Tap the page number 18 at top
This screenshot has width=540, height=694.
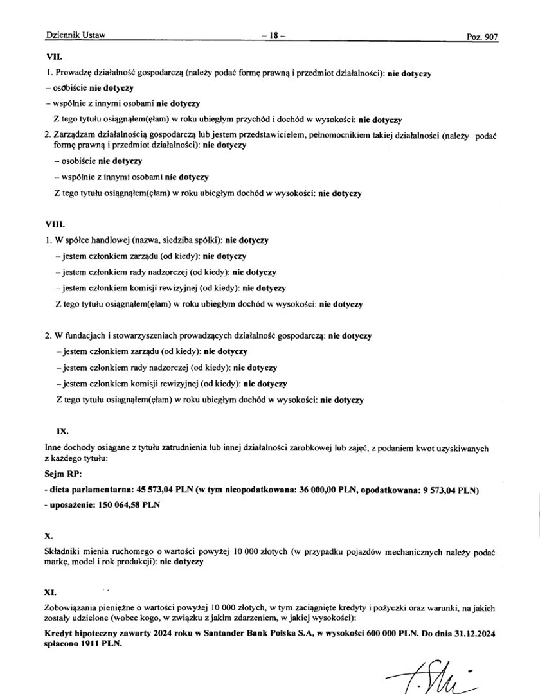click(x=274, y=36)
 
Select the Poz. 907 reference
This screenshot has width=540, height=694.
click(x=482, y=37)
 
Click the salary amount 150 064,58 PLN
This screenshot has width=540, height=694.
click(x=129, y=505)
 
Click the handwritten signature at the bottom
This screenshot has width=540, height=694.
click(x=425, y=674)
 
